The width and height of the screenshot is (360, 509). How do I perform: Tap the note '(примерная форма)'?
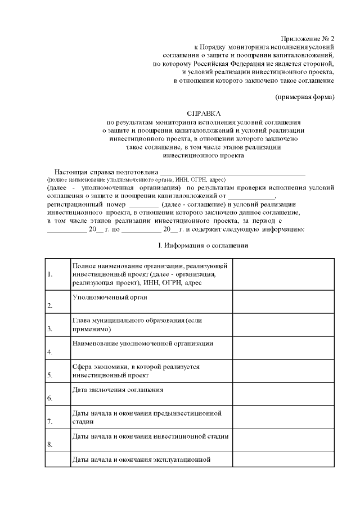[x=305, y=97]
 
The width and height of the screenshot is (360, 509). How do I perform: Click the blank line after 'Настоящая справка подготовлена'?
[x=233, y=172]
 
